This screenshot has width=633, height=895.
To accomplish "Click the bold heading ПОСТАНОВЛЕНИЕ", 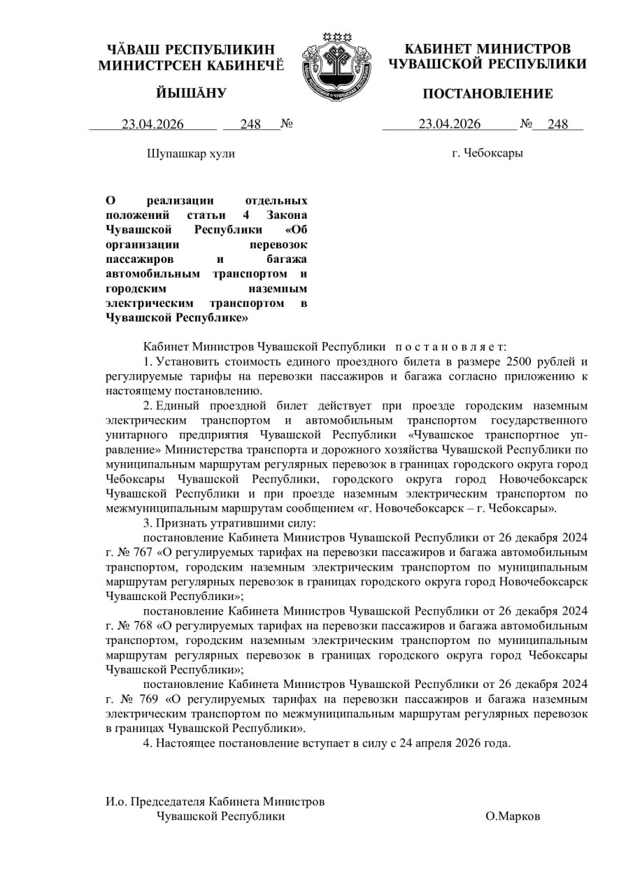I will [487, 94].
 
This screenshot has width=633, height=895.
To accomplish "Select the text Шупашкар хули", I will [190, 154].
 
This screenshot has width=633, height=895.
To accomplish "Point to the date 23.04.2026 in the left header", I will [152, 124].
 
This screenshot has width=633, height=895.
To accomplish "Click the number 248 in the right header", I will [557, 124].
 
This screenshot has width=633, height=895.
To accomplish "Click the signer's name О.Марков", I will [513, 817].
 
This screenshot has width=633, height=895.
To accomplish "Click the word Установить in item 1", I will [185, 361].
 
